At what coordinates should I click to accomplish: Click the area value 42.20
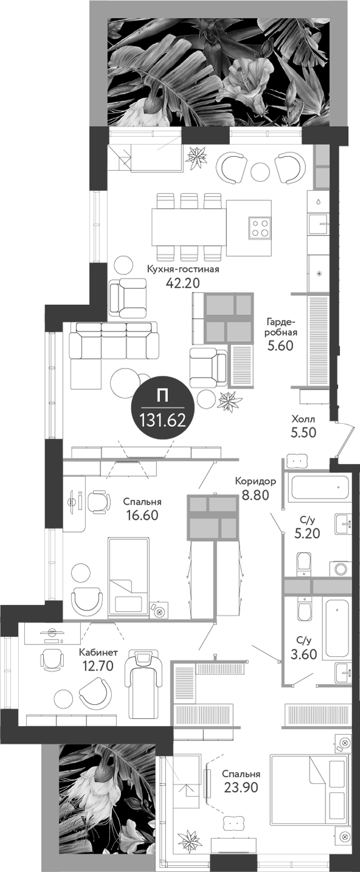tap(182, 282)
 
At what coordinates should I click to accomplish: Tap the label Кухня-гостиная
tap(182, 268)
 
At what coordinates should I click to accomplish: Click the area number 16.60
tap(141, 516)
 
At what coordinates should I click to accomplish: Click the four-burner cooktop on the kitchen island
tap(260, 227)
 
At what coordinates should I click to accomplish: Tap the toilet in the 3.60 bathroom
tap(303, 609)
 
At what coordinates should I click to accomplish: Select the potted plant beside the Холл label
tap(230, 401)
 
